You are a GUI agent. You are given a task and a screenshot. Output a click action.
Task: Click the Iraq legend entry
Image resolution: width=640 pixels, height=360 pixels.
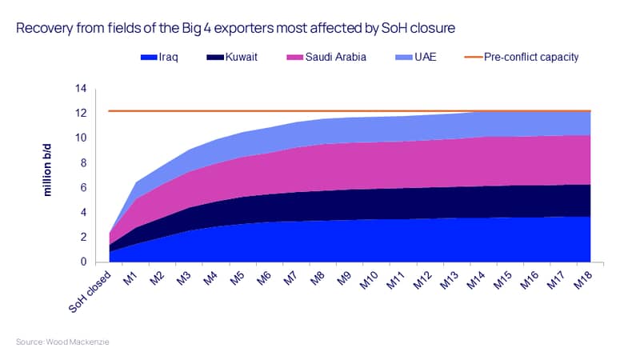tap(159, 57)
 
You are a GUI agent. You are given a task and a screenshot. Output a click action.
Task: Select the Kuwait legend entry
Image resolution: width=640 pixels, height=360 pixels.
tap(232, 57)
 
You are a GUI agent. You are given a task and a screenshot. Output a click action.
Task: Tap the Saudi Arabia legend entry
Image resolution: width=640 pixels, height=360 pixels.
tap(326, 57)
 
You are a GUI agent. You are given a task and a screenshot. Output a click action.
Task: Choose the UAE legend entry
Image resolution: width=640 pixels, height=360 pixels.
tap(415, 57)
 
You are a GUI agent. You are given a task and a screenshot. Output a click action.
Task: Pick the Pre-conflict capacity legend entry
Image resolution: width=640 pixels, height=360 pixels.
tap(522, 57)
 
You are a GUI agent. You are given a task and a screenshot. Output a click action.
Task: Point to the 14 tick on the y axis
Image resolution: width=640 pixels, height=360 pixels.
tap(81, 88)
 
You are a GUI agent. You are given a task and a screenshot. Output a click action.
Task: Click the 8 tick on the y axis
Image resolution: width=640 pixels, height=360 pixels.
tap(83, 163)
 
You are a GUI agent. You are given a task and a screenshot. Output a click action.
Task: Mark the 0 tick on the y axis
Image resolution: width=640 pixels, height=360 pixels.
tap(83, 262)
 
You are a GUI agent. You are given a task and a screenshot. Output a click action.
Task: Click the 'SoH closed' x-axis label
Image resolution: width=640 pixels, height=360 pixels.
tap(90, 291)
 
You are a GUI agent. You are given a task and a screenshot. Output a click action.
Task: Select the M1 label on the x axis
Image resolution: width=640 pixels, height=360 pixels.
tap(130, 278)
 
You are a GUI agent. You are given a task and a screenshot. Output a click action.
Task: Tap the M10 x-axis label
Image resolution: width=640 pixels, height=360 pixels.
tap(370, 281)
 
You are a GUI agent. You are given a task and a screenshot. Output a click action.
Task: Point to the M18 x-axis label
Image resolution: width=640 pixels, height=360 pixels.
tap(583, 281)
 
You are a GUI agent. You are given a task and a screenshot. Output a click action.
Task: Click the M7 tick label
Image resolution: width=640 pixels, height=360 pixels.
tap(290, 278)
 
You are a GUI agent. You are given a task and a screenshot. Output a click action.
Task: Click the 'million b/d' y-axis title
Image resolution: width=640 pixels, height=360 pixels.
tap(47, 170)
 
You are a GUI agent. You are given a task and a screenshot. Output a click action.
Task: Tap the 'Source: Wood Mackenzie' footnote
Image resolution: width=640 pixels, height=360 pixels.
tap(62, 342)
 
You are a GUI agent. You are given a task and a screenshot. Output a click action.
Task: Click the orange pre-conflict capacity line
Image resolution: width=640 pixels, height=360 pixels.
tap(350, 110)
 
